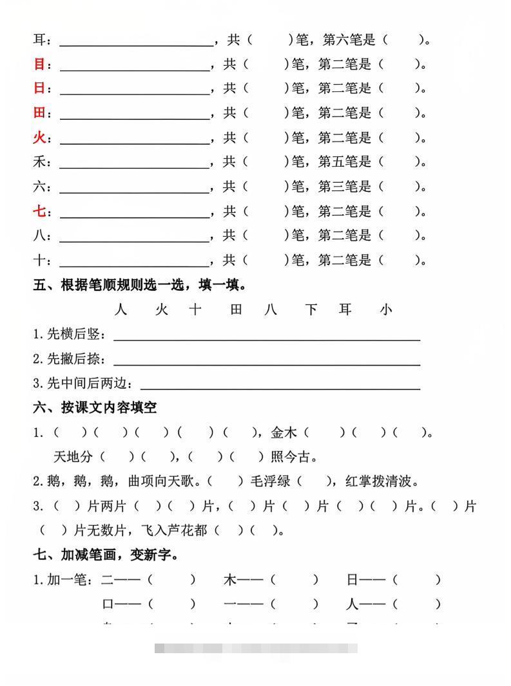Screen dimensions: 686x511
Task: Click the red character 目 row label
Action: (39, 64)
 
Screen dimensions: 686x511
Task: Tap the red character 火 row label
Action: (39, 138)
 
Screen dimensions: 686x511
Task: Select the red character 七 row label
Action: (39, 211)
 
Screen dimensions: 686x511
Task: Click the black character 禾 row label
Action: (39, 162)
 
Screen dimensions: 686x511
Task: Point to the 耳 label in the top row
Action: (39, 40)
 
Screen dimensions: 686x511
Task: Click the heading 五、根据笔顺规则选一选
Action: (140, 285)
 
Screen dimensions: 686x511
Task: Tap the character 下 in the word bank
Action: (311, 310)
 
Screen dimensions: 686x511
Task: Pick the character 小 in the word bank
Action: (385, 310)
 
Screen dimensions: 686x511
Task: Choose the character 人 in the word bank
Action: (121, 310)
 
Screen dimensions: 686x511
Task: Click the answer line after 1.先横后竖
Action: (267, 337)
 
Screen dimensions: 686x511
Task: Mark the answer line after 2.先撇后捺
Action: (267, 362)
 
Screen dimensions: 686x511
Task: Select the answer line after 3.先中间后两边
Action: (280, 387)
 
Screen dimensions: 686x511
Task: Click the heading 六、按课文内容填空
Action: (95, 407)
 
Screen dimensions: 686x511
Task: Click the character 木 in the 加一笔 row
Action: (230, 580)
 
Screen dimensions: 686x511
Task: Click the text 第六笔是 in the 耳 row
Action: (349, 40)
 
